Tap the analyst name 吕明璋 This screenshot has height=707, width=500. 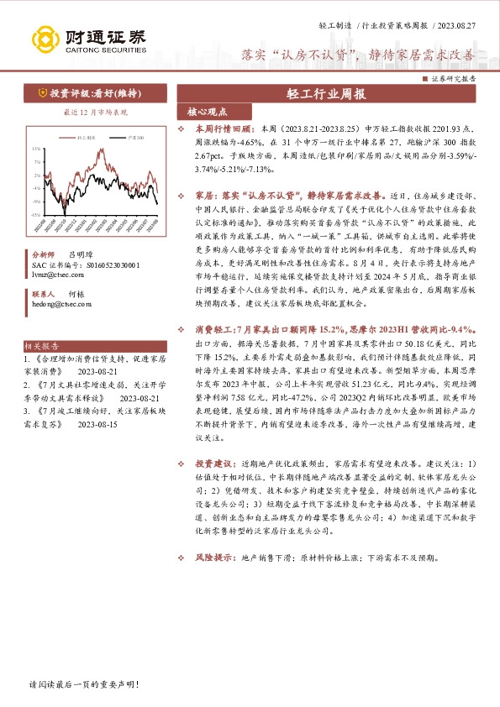click(80, 253)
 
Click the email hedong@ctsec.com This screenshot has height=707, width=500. click(60, 306)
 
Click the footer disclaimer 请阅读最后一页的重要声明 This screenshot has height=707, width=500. click(82, 685)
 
